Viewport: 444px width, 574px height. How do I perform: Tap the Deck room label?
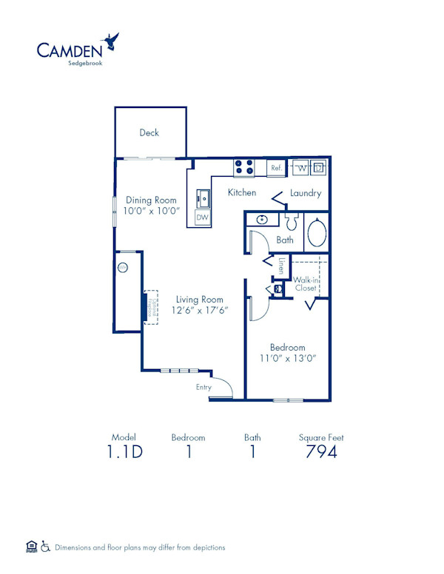coord(149,133)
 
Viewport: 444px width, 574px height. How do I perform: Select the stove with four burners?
coord(244,168)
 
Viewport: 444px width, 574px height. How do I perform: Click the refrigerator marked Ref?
coord(277,168)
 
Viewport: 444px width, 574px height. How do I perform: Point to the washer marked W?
coord(301,168)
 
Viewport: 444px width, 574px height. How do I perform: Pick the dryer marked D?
coord(319,168)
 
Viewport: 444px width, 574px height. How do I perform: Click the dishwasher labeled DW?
coord(202,217)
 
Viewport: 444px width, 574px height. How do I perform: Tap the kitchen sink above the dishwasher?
coord(203,199)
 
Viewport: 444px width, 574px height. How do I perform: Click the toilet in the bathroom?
coord(291,221)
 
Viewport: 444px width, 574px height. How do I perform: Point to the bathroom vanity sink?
coord(261,220)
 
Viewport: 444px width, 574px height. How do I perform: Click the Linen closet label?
coord(282,265)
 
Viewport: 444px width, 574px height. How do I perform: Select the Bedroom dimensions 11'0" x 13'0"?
coord(287,359)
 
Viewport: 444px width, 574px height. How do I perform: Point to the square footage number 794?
coord(321,452)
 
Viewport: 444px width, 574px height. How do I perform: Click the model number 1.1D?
coord(124,452)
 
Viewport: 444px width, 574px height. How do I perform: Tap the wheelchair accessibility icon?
coord(45,547)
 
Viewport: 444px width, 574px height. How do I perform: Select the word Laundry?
coord(305,193)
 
